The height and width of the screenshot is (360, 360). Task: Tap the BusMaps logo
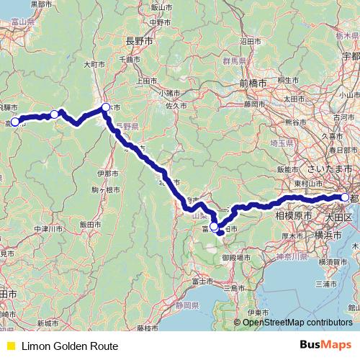(x=325, y=346)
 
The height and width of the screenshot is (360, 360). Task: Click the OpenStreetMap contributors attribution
(x=297, y=323)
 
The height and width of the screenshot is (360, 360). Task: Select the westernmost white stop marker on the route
(x=14, y=122)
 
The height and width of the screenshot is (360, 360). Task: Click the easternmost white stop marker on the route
(x=345, y=197)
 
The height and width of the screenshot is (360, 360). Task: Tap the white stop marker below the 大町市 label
(x=106, y=108)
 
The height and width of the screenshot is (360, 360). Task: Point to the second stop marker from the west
(x=54, y=114)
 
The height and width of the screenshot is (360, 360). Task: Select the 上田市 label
(x=146, y=81)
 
